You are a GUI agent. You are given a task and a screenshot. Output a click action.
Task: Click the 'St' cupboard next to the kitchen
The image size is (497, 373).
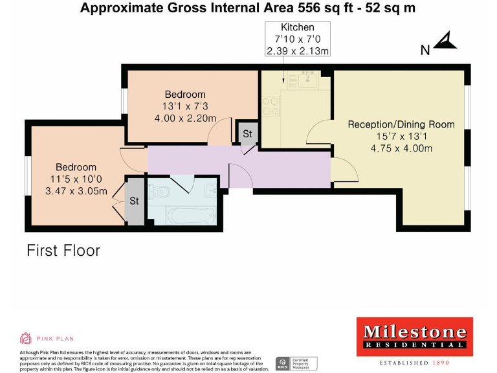click(x=247, y=134)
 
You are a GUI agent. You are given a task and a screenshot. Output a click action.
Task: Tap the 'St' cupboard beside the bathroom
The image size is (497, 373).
click(x=134, y=201)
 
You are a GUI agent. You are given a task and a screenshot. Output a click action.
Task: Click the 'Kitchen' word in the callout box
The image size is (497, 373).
click(x=297, y=27)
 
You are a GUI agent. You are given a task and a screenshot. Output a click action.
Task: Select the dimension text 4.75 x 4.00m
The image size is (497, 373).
click(x=401, y=148)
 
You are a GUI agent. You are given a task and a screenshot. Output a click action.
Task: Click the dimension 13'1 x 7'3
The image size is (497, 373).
click(x=184, y=106)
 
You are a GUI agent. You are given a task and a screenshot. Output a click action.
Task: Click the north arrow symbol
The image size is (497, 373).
click(x=445, y=42)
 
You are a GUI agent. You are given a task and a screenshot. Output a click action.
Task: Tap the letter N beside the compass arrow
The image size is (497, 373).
click(x=425, y=50)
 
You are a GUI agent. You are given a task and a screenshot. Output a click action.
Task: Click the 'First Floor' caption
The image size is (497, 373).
click(x=63, y=250)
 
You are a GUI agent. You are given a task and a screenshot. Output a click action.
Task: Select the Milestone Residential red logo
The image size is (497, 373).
click(x=415, y=337)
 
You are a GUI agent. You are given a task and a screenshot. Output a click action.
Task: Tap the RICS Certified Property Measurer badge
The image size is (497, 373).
click(x=297, y=363)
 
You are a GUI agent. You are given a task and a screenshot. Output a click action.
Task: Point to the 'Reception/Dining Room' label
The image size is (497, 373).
click(x=401, y=124)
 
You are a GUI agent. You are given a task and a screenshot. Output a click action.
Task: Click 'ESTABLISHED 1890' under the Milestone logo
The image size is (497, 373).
click(x=415, y=363)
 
